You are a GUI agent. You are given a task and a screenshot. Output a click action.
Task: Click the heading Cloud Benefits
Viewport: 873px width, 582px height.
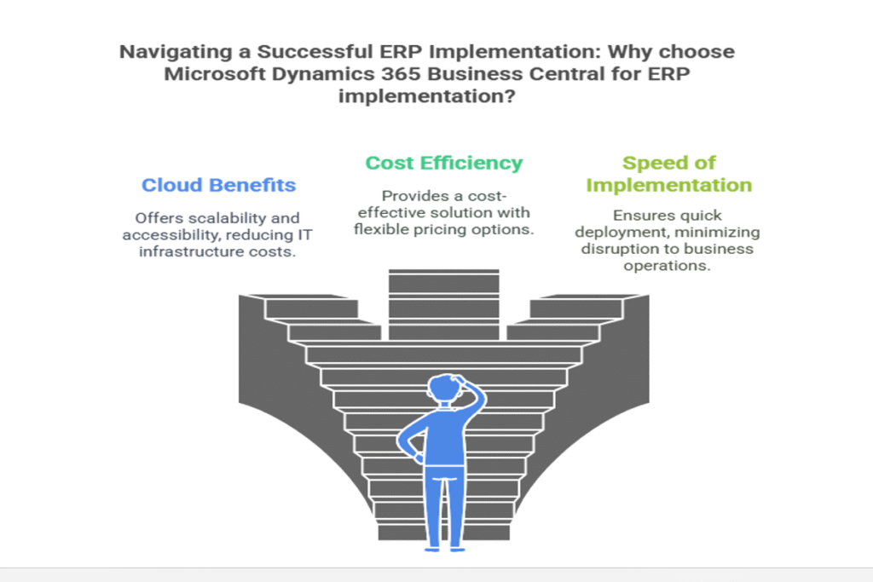click(218, 185)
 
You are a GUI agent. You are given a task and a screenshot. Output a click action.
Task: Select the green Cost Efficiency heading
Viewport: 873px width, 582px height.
click(443, 163)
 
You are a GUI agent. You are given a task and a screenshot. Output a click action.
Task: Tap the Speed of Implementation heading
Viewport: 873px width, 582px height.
click(668, 174)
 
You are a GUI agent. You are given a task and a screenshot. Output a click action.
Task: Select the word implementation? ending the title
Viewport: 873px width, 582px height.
click(426, 96)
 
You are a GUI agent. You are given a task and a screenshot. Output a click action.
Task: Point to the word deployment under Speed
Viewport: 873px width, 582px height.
click(615, 233)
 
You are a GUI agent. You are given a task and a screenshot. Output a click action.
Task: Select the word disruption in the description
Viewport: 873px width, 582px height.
click(617, 249)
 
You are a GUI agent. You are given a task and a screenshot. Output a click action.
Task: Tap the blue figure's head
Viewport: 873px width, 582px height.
click(445, 387)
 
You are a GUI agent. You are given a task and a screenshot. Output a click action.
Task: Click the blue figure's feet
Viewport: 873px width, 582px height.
click(445, 549)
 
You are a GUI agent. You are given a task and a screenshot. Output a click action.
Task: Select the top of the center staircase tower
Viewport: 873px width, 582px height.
click(443, 272)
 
